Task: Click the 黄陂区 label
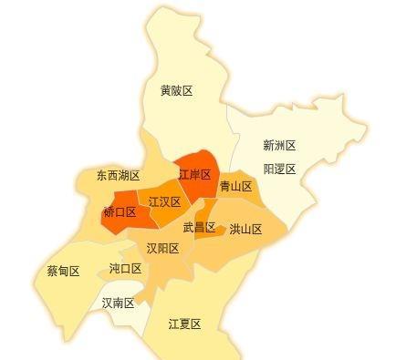coord(176,90)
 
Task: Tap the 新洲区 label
coord(278,145)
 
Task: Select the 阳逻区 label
coord(279,169)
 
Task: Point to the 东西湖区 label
coord(118,175)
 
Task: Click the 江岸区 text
coord(194,174)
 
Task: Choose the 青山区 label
coord(235,186)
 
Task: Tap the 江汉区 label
coord(164,201)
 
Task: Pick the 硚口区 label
coord(120,212)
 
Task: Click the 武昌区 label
coord(199,228)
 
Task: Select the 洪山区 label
coord(245,230)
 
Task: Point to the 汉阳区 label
coord(162,248)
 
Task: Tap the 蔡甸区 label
coord(63,272)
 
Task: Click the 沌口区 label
coord(125,268)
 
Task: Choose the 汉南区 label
coord(118,303)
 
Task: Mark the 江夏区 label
coord(183,324)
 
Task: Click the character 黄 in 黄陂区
coord(165,90)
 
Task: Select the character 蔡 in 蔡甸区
coord(52,272)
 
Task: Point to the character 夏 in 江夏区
coord(183,324)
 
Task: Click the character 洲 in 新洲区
coord(278,145)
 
